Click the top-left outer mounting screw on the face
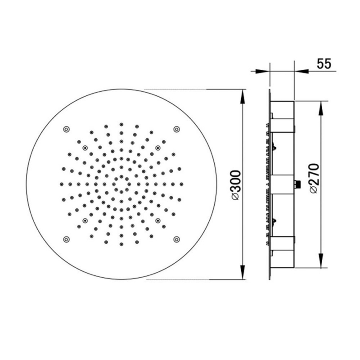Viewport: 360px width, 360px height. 67,129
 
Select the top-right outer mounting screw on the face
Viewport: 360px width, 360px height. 176,129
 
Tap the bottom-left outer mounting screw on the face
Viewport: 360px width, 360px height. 67,239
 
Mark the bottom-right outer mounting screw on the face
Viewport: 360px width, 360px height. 176,239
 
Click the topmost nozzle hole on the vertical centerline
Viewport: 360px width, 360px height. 121,124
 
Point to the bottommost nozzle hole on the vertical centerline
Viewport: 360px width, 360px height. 121,245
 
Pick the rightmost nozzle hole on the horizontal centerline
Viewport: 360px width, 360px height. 182,184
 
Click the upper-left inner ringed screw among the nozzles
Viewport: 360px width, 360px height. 85,147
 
